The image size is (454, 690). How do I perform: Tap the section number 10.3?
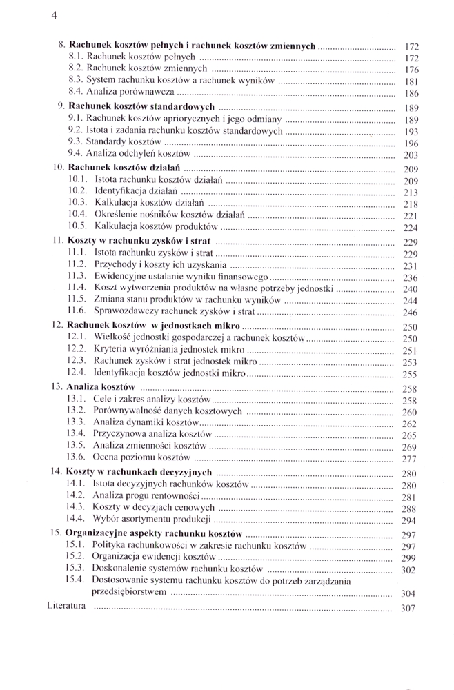point(77,203)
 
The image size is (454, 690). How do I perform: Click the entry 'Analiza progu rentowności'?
point(146,496)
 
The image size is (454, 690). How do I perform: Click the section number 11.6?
point(77,311)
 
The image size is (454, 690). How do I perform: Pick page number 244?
point(411,301)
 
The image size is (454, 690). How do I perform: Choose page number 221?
point(411,216)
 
